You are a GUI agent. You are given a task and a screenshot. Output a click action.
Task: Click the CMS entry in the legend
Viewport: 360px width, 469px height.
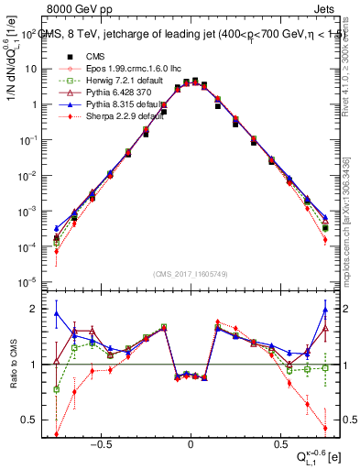[x=89, y=55]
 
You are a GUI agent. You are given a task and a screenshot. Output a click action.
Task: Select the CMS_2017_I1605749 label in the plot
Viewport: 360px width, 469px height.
[x=190, y=273]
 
